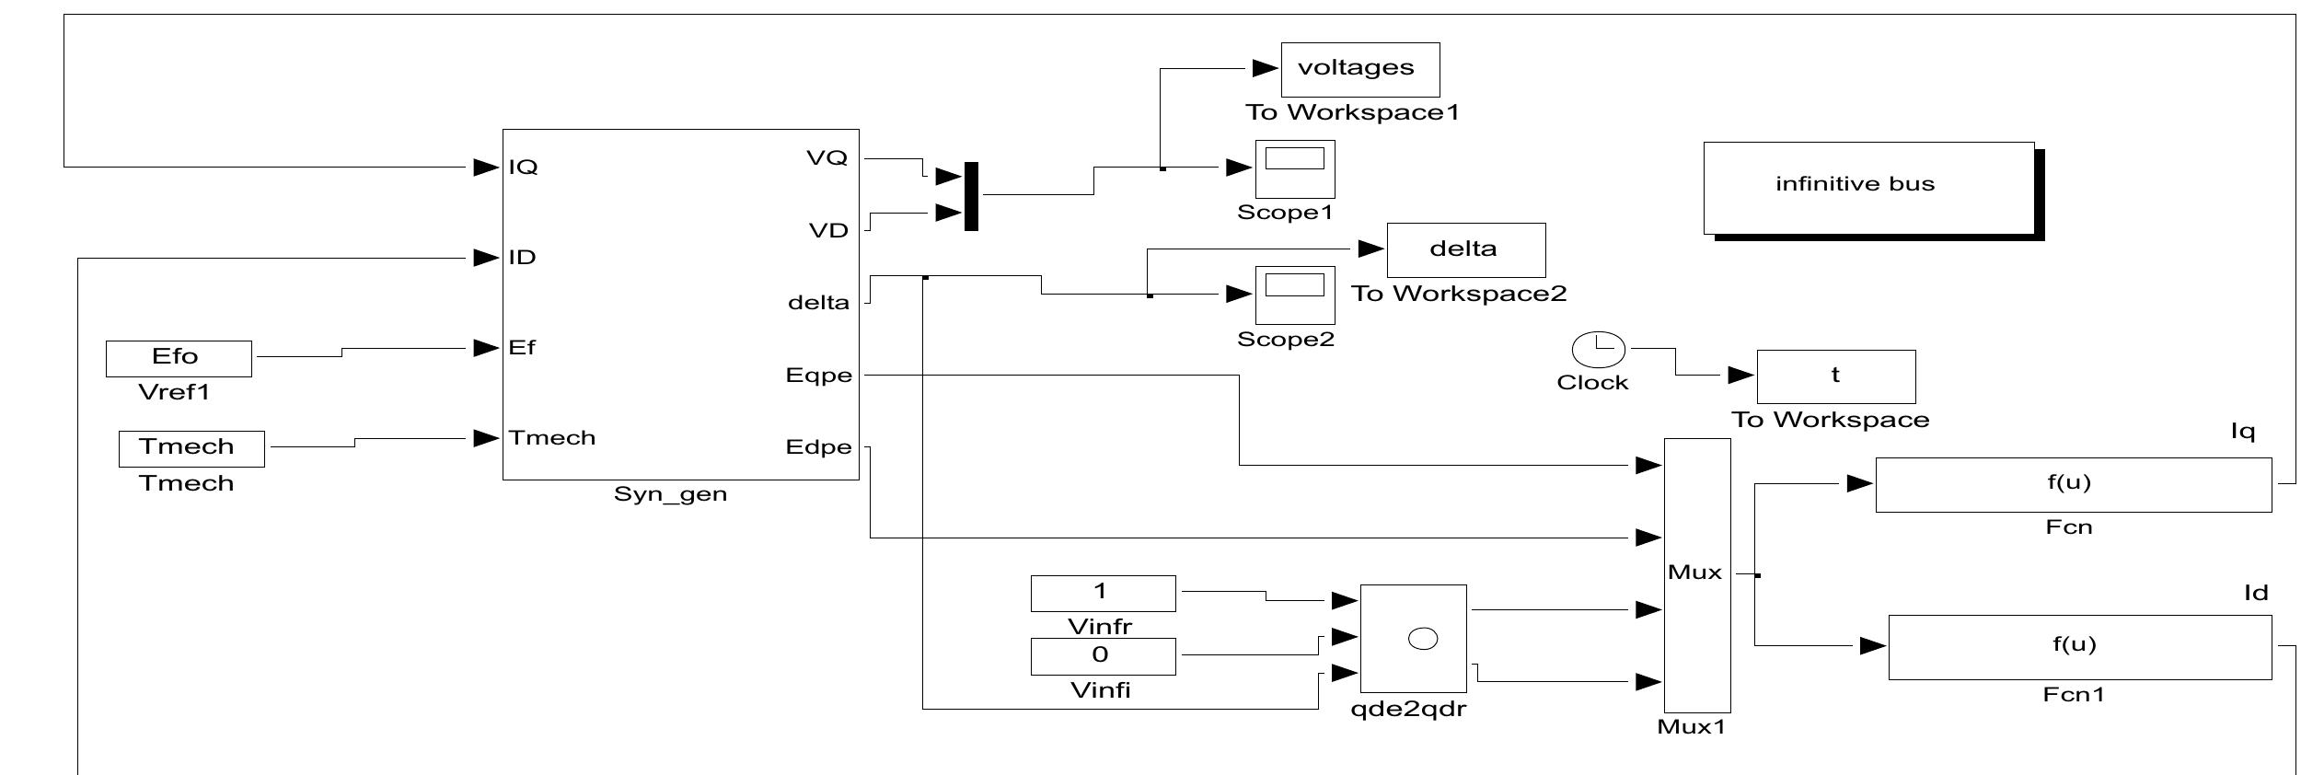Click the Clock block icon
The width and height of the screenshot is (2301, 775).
click(1598, 349)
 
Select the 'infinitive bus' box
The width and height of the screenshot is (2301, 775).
click(1868, 188)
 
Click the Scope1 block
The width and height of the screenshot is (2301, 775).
click(1294, 168)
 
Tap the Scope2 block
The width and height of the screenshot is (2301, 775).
click(1294, 295)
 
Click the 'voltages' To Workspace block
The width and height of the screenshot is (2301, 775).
click(1359, 69)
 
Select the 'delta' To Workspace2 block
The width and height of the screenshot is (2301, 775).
click(1465, 249)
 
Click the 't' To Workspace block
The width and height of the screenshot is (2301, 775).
click(1835, 376)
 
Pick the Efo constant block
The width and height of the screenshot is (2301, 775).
click(179, 358)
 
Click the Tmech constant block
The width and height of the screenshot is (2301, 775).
click(191, 448)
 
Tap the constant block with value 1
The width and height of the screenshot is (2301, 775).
click(1103, 593)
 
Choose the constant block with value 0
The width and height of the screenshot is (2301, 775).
click(1103, 656)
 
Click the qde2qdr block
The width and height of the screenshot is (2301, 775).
click(1413, 638)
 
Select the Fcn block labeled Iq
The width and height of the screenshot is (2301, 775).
click(2073, 484)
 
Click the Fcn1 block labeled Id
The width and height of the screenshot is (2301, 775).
click(2079, 647)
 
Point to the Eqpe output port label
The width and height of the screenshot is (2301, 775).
click(818, 376)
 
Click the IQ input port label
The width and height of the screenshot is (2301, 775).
click(523, 168)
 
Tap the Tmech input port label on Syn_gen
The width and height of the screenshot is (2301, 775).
click(552, 438)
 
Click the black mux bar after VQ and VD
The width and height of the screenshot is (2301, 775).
click(971, 196)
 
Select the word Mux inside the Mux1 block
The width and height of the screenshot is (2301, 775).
click(1694, 573)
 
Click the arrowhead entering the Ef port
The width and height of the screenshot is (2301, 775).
click(486, 348)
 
